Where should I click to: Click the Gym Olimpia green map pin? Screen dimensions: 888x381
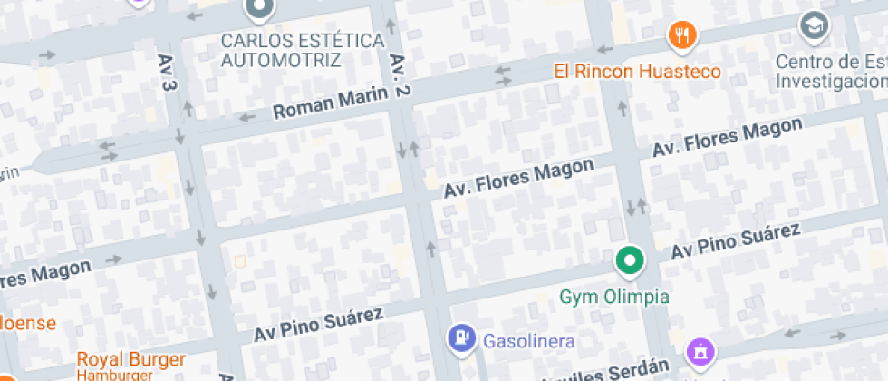tap(629, 261)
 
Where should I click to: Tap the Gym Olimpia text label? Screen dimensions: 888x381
tap(614, 297)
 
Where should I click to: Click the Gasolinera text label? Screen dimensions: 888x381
tap(529, 341)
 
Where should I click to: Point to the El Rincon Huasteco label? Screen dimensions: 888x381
tap(638, 71)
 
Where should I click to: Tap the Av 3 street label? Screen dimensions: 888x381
tap(166, 72)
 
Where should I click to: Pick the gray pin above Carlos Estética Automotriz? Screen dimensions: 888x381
tap(259, 9)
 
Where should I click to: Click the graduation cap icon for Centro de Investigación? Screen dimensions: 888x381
tap(814, 25)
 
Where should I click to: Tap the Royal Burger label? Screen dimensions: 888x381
tap(130, 359)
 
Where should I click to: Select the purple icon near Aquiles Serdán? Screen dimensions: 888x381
tap(700, 351)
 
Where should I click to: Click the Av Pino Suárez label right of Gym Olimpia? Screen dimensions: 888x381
tap(735, 241)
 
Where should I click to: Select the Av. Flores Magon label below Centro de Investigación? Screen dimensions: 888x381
tap(728, 138)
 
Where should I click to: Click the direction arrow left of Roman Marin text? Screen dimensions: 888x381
tap(246, 116)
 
